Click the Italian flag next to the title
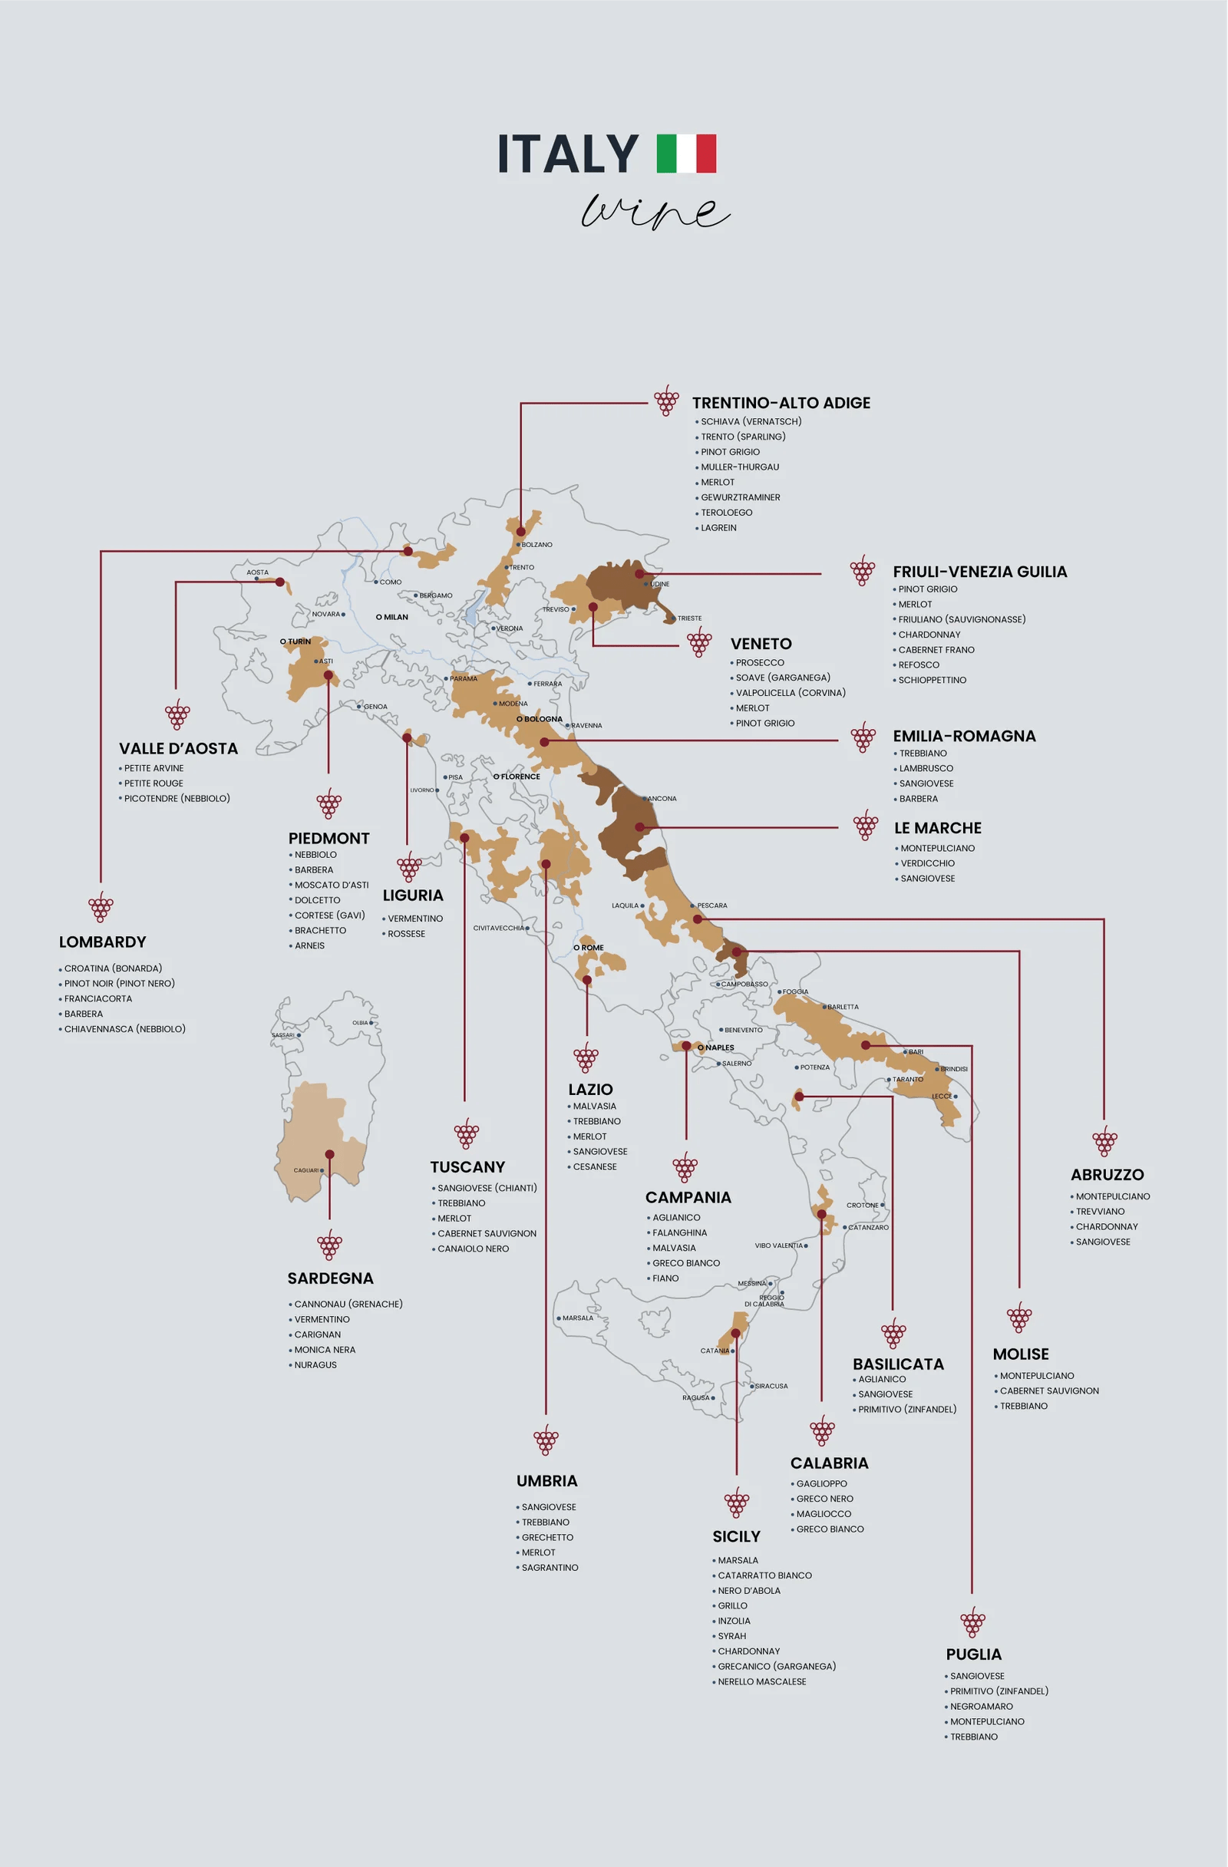point(686,153)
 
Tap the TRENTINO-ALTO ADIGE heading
point(781,403)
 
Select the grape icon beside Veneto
point(699,644)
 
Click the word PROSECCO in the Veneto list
point(760,663)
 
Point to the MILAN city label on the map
point(394,618)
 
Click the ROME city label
point(592,948)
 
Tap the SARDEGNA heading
point(330,1278)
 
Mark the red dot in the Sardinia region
point(329,1155)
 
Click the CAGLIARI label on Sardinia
point(306,1170)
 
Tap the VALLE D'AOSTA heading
point(178,749)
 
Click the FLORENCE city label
point(520,777)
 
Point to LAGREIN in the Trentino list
point(718,528)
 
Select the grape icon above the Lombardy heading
point(101,907)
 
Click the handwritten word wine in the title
point(655,212)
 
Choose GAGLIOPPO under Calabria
point(820,1484)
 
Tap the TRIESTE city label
point(689,618)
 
